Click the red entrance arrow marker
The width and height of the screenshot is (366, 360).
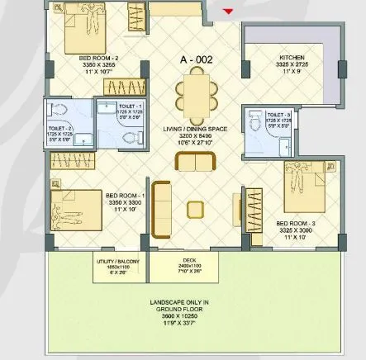[x=229, y=11]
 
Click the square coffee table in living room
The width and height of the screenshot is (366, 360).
[x=197, y=206]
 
